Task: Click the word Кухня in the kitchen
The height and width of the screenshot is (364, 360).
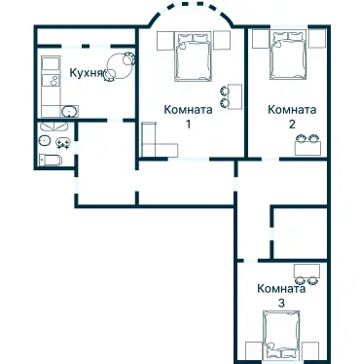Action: click(87, 72)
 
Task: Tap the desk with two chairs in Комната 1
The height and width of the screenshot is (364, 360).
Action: click(230, 95)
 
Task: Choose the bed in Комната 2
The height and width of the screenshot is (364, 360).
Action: click(288, 55)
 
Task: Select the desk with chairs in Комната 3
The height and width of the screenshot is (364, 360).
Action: click(307, 273)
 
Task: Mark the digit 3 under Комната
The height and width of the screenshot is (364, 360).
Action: click(281, 303)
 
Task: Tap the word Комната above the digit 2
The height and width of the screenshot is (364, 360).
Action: click(292, 110)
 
